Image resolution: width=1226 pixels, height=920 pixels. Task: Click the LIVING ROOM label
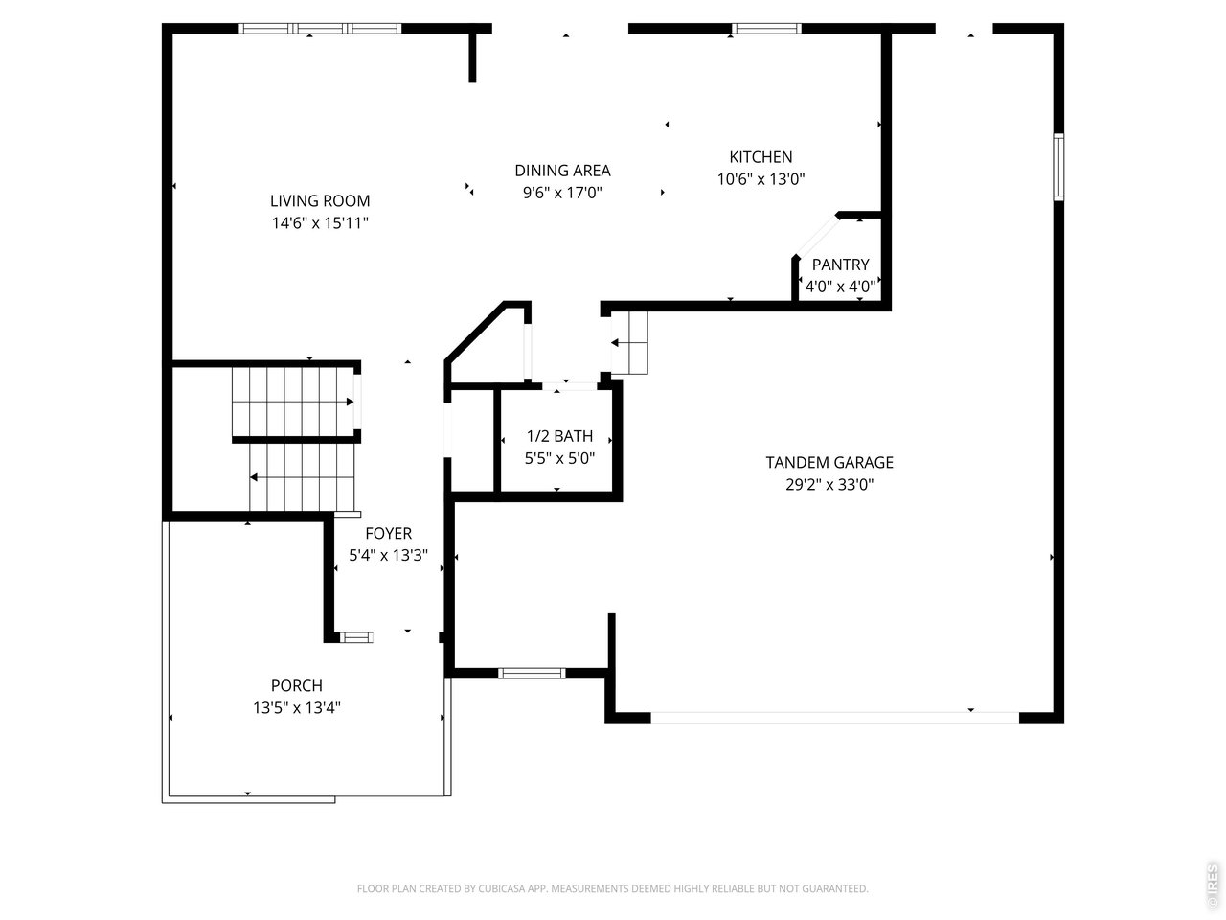click(320, 200)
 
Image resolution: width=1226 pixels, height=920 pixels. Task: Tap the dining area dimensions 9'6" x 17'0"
click(562, 193)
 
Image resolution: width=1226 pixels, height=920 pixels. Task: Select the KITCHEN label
click(761, 157)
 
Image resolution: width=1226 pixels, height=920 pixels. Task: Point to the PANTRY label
click(840, 264)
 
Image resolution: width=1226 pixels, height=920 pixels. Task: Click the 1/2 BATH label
click(559, 436)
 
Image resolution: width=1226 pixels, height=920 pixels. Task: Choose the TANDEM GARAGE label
click(829, 462)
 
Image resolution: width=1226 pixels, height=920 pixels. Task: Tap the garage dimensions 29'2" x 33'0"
click(829, 484)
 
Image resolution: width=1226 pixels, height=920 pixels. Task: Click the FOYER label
click(388, 533)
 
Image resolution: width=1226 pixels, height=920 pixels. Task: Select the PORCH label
click(297, 685)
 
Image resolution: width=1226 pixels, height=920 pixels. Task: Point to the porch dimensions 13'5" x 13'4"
click(297, 708)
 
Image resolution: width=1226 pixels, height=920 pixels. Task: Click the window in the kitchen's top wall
click(766, 29)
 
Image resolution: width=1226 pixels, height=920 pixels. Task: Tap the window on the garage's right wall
click(1057, 167)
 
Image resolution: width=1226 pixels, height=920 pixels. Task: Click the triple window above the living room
click(320, 29)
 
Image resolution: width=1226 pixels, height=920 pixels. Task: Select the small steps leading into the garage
click(629, 342)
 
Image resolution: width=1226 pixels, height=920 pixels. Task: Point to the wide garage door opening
click(835, 717)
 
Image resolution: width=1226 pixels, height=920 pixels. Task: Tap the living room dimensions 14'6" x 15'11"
click(320, 223)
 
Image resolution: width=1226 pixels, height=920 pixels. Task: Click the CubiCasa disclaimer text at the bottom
click(612, 888)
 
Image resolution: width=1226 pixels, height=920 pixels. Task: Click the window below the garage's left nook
click(532, 673)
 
